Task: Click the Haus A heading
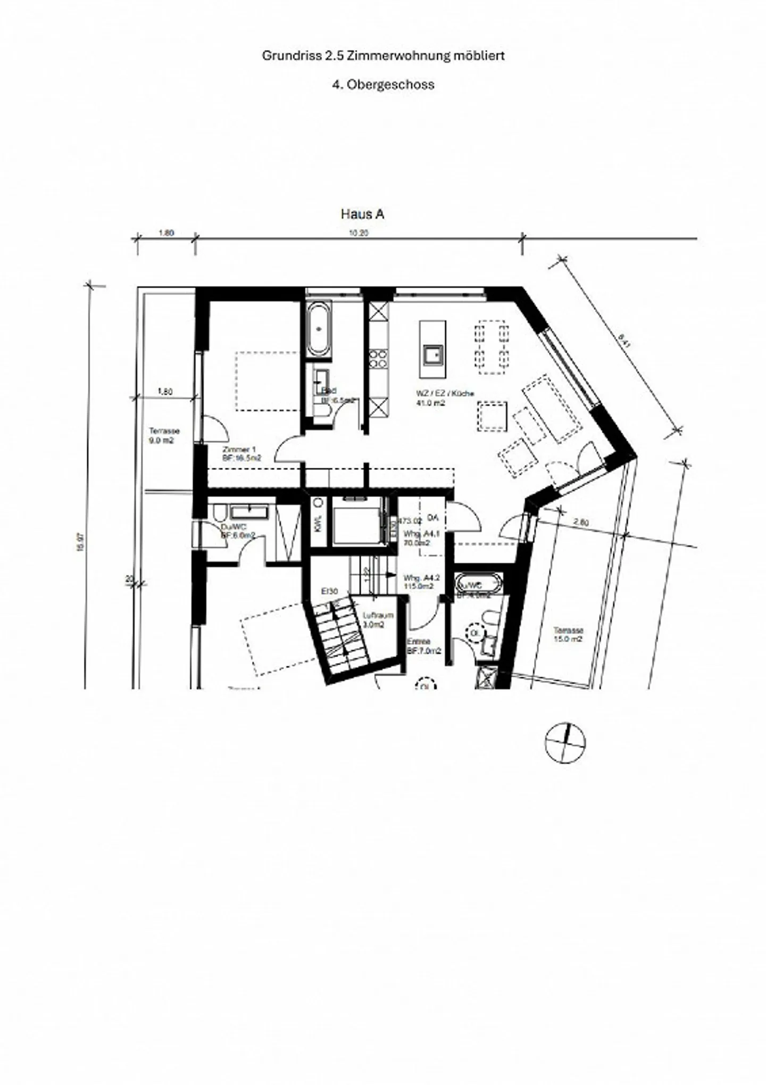coord(362,214)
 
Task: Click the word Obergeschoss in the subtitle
coord(390,85)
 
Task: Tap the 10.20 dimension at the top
coord(358,233)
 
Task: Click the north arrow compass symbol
coord(565,743)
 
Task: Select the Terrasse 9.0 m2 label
coord(164,436)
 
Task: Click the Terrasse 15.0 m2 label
coord(568,634)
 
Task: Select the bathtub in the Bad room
coord(319,329)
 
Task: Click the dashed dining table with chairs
coord(491,347)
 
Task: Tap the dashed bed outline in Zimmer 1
coord(268,380)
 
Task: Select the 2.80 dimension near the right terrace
coord(581,523)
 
